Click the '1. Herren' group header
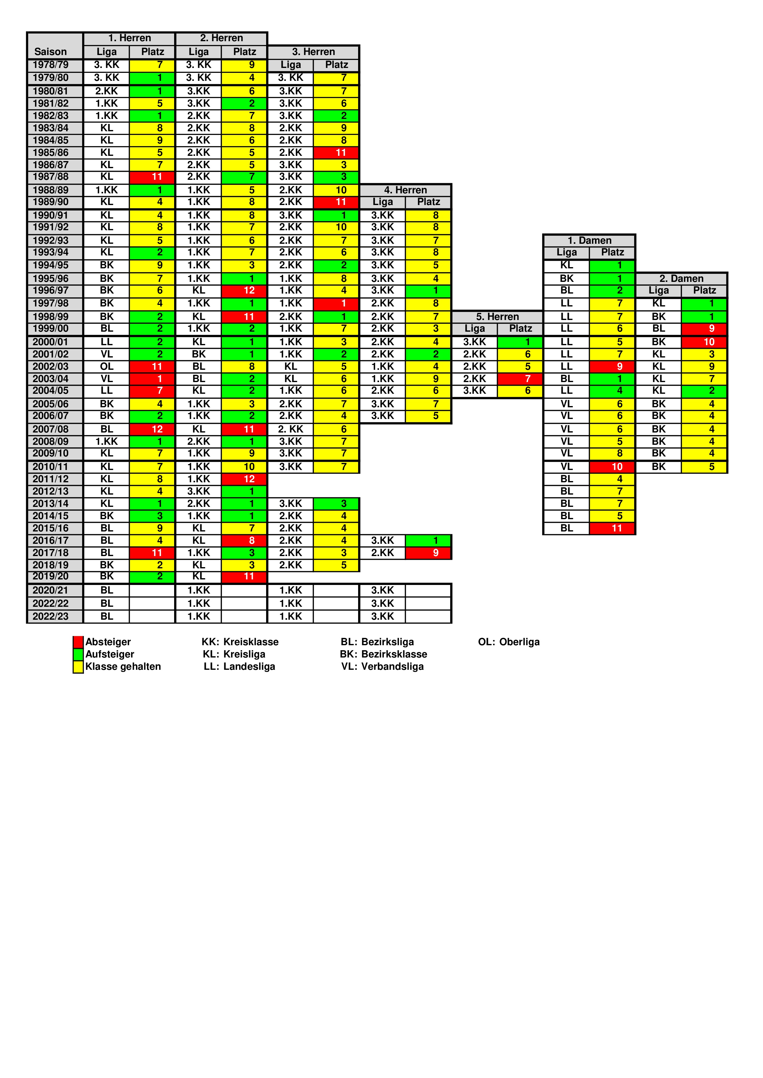(x=129, y=38)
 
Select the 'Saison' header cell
(x=51, y=52)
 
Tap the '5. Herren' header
(x=497, y=316)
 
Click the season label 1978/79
(x=51, y=65)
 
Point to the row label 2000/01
(x=51, y=342)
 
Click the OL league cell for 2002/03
(x=107, y=366)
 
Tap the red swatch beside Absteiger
(x=78, y=642)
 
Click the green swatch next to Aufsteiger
(x=78, y=654)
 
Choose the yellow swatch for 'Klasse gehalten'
(x=78, y=667)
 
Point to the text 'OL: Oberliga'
(x=509, y=642)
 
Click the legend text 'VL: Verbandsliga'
(x=382, y=667)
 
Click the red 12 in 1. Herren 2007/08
(x=152, y=429)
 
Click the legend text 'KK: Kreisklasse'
(x=240, y=642)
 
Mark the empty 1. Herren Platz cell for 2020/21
(x=152, y=590)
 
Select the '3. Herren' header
(x=314, y=52)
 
